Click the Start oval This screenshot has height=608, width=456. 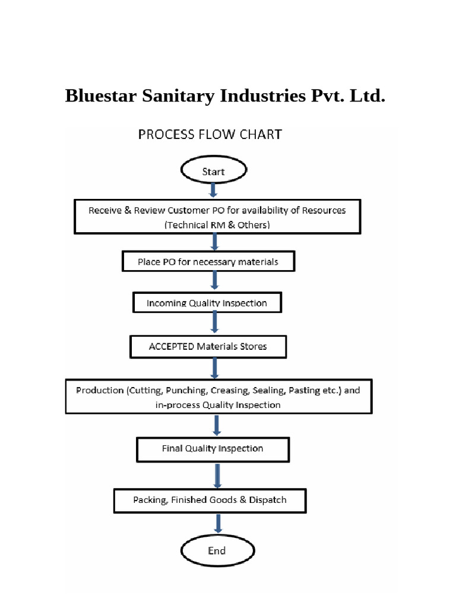pos(213,171)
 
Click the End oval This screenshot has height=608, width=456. pos(217,550)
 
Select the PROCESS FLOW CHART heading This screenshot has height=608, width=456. pos(210,134)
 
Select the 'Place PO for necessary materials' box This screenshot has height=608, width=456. pos(208,261)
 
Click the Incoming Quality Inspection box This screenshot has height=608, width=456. pos(207,303)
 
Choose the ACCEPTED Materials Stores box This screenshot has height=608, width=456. pos(208,347)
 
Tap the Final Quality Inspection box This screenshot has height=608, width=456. pos(213,449)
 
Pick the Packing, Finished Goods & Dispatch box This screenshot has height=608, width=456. pos(210,500)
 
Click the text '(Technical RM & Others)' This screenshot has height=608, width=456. pos(217,224)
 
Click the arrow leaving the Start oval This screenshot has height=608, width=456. pos(214,191)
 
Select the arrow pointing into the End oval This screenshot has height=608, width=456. pos(218,523)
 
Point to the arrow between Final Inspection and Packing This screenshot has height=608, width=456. pos(217,475)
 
